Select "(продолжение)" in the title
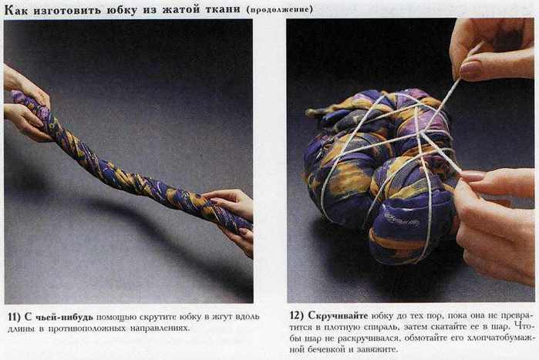click(279, 9)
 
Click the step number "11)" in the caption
click(15, 316)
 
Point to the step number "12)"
click(297, 315)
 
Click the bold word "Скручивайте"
click(338, 315)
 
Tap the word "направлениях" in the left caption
click(160, 328)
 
